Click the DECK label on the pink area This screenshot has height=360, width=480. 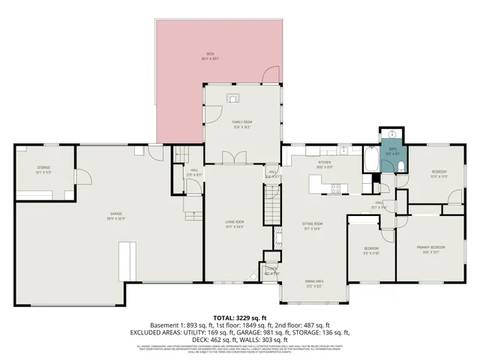click(x=211, y=55)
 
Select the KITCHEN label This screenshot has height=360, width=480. click(x=325, y=164)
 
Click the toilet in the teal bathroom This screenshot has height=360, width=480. click(x=401, y=166)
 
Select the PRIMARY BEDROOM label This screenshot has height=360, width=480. click(x=430, y=249)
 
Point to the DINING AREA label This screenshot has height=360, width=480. click(x=313, y=283)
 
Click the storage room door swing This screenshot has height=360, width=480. click(x=85, y=178)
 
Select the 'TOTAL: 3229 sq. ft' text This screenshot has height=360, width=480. click(x=240, y=317)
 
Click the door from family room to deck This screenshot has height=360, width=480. click(x=270, y=75)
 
